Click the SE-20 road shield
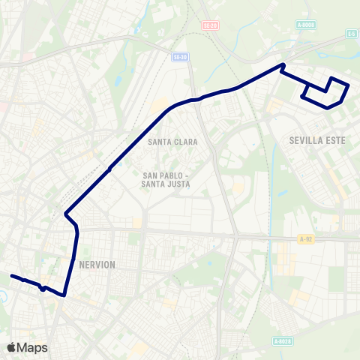tap(209, 25)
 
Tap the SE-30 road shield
tap(179, 57)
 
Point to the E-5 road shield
tap(351, 33)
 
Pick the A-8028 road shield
tap(282, 342)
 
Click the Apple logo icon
tap(10, 347)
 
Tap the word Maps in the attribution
tap(32, 347)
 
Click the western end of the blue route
tap(11, 276)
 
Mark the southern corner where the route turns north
tap(64, 295)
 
